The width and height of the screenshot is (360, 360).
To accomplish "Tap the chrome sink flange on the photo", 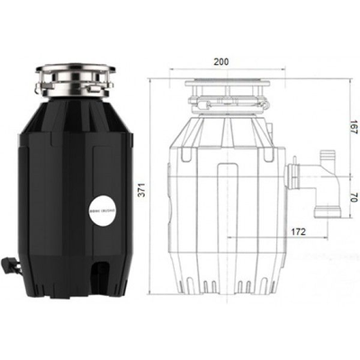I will [76, 76].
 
